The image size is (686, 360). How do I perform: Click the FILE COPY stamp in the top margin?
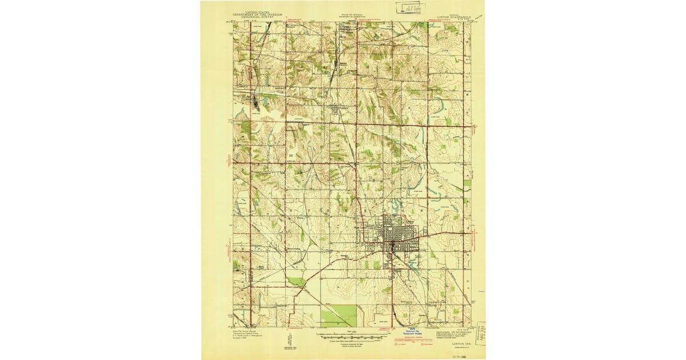(x=408, y=9)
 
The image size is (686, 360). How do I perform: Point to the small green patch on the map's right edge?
(x=468, y=185)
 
